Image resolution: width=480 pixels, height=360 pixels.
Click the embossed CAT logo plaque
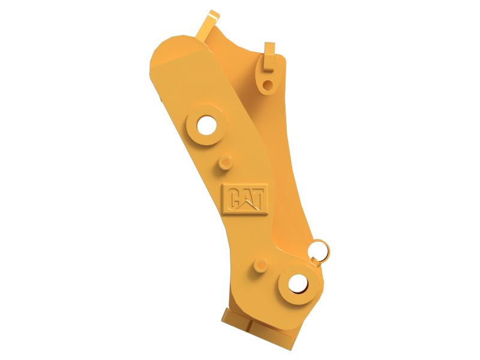(245, 199)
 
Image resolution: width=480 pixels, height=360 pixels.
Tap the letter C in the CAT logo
(233, 199)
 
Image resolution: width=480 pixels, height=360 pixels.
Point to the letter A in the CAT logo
(247, 199)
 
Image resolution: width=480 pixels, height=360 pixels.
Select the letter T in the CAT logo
(257, 199)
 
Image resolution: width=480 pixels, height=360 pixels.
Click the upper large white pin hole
(207, 125)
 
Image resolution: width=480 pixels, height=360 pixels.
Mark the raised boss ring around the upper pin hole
(206, 125)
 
